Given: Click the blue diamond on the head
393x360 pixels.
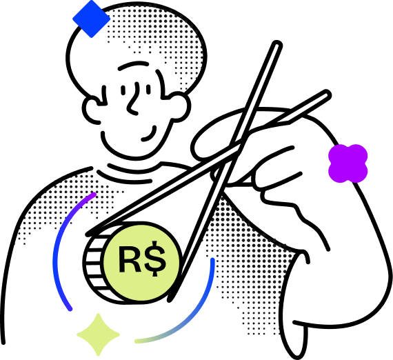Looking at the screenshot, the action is [92, 19].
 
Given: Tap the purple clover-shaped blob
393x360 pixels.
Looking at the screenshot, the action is [348, 163].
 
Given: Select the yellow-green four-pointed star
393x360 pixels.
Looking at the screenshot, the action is [98, 334].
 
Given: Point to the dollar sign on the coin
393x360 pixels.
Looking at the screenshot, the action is [154, 259].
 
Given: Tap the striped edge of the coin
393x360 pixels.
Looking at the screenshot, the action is [94, 263].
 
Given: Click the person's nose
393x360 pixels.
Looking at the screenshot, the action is [133, 99].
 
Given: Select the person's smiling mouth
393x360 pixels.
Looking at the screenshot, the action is [150, 134].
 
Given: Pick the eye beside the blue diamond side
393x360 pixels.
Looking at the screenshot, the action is [123, 90].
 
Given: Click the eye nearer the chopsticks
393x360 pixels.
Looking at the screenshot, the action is [149, 90].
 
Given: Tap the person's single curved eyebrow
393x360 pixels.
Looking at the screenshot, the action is [133, 66].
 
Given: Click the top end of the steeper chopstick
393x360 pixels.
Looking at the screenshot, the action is [277, 45].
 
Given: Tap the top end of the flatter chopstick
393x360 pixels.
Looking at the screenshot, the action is [326, 94].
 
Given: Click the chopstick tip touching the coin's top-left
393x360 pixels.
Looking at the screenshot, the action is [88, 234].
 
